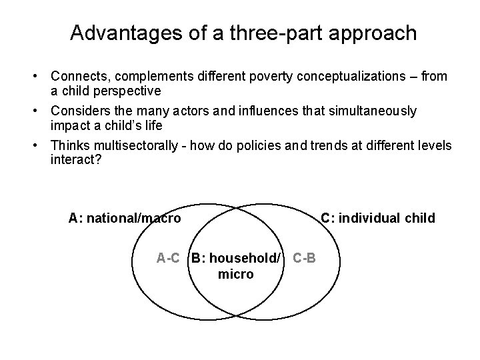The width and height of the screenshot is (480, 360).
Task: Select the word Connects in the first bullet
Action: coord(77,77)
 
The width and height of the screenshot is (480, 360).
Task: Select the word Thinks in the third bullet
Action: coord(69,145)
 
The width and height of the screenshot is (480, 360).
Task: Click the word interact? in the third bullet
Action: coord(74,159)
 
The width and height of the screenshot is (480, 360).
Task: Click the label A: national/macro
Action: coord(125,218)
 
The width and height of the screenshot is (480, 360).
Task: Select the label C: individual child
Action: coord(378,218)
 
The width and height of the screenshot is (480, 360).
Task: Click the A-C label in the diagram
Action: coord(168,258)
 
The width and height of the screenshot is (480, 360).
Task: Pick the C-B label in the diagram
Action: coord(305,258)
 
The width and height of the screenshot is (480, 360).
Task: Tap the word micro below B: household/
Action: coord(235,273)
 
